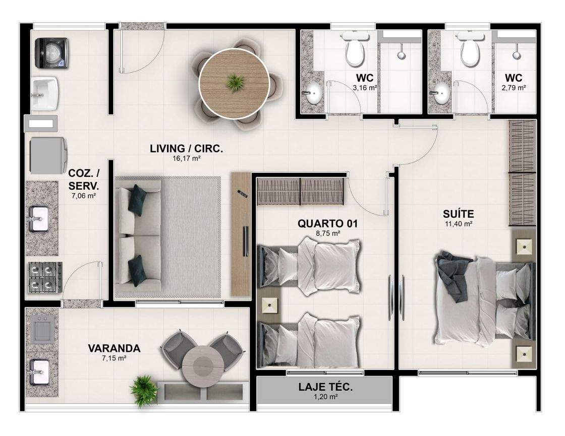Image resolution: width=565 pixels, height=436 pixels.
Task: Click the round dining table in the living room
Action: [x=234, y=84]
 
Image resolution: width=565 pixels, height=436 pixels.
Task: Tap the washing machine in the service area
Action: [x=51, y=53]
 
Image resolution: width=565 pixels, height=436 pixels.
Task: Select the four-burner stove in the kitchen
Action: [x=45, y=277]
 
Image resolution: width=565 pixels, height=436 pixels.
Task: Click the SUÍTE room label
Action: [x=459, y=214]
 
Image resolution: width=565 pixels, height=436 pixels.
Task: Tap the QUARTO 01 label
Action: [x=327, y=224]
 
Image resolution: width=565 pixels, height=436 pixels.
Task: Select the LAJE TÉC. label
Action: [x=325, y=387]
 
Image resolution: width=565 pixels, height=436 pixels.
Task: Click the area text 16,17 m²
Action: [x=186, y=158]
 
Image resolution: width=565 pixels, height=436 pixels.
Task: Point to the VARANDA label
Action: [x=114, y=348]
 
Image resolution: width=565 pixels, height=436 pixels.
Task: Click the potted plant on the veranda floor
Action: [x=144, y=391]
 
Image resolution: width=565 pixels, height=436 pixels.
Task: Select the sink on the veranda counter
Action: [x=39, y=372]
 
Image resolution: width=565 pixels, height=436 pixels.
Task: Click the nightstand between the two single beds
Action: [x=271, y=305]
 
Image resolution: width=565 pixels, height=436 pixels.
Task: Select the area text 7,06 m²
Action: [x=84, y=196]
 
